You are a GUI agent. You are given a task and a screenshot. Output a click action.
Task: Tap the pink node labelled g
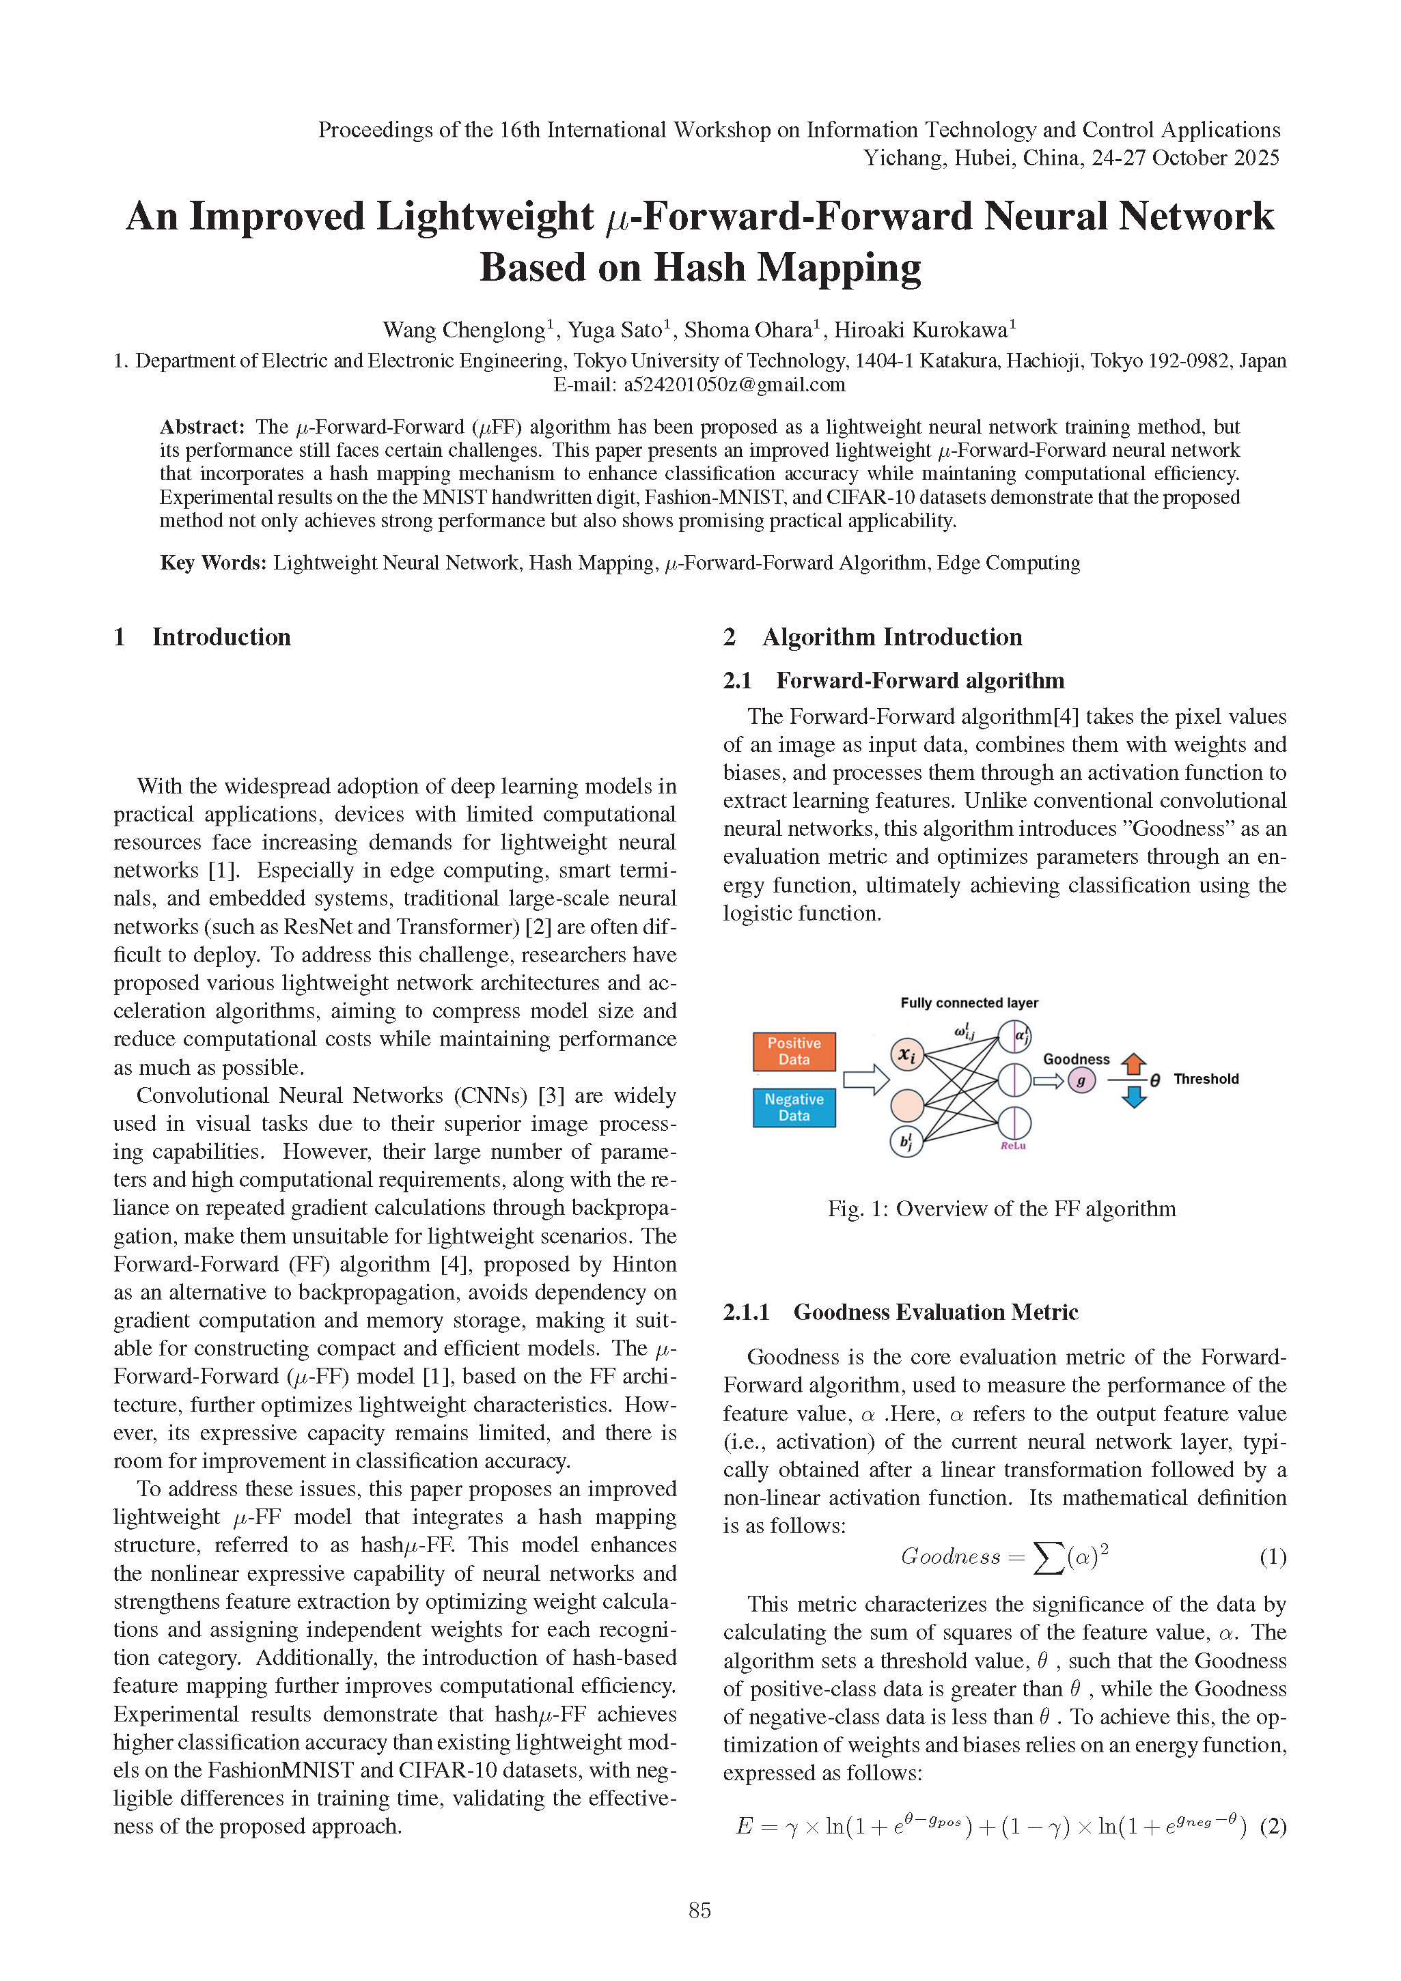[1081, 1080]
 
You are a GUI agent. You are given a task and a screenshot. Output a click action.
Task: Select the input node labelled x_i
[906, 1054]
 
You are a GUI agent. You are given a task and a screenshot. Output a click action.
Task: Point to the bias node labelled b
[906, 1142]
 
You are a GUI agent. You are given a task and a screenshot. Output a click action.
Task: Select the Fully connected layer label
[969, 1002]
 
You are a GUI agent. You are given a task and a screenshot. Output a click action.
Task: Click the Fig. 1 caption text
[1001, 1209]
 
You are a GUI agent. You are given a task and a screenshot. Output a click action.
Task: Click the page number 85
[699, 1910]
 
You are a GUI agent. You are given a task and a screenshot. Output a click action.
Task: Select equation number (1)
[1273, 1556]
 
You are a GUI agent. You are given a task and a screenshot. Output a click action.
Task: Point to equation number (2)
[1273, 1827]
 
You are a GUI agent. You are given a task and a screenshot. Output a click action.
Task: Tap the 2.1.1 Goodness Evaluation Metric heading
[900, 1312]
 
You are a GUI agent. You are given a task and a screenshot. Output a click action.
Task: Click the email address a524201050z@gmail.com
[734, 385]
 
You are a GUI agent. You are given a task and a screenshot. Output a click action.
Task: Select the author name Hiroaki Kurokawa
[920, 331]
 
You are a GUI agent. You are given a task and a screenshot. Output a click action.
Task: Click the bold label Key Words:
[213, 563]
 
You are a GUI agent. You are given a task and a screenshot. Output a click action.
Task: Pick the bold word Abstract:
[203, 427]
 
